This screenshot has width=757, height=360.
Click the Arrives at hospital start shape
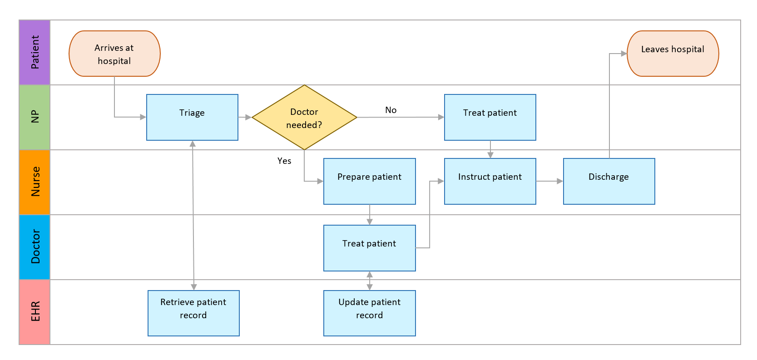tap(114, 54)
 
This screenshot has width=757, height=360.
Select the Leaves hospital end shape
tap(673, 54)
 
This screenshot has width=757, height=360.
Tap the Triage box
tap(192, 117)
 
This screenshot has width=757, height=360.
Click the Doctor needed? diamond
tap(304, 118)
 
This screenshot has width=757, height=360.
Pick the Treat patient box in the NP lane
tap(490, 117)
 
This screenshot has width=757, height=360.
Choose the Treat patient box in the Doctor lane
tap(369, 248)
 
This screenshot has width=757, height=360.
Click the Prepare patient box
tap(369, 181)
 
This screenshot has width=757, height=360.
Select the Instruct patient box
tap(490, 181)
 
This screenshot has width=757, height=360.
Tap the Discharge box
tap(609, 181)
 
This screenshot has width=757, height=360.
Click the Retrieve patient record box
tap(193, 313)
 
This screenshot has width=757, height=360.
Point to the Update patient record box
tap(369, 313)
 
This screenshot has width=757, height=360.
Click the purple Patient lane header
tap(35, 52)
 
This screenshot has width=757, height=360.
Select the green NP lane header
tap(35, 117)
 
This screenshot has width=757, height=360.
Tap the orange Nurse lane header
tap(35, 182)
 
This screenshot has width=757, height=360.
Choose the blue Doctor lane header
tap(35, 247)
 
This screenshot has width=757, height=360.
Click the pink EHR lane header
tap(35, 312)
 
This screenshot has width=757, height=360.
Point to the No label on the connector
tap(391, 110)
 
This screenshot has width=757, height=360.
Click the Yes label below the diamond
tap(284, 161)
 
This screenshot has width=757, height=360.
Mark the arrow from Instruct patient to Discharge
tap(549, 181)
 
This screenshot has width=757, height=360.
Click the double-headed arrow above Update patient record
tap(370, 281)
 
